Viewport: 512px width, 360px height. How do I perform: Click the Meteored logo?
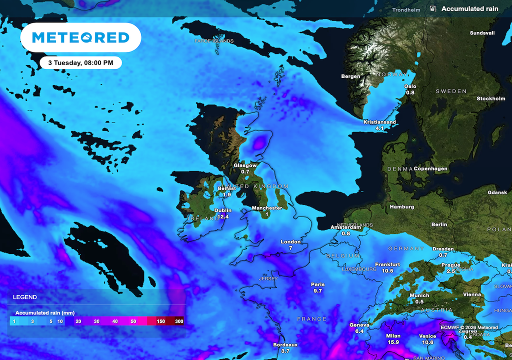(x=80, y=37)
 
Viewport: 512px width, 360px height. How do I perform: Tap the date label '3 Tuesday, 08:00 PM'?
(x=80, y=63)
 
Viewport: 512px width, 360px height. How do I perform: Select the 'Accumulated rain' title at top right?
(x=470, y=8)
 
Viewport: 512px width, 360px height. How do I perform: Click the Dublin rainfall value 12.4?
(x=223, y=217)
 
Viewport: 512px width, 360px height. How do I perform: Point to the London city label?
(x=290, y=242)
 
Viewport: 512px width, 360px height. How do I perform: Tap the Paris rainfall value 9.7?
(x=317, y=291)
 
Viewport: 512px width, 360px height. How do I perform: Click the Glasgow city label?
(x=245, y=165)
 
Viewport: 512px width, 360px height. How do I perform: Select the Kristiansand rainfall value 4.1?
(x=379, y=128)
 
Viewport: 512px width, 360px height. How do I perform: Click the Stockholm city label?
(x=491, y=98)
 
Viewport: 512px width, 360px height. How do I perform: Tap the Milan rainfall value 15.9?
(x=393, y=342)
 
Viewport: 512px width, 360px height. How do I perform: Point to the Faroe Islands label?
(x=214, y=40)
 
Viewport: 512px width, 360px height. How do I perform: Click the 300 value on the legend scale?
(x=179, y=321)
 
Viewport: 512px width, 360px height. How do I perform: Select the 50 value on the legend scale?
(x=133, y=321)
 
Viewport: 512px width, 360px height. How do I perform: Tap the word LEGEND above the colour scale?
(x=24, y=297)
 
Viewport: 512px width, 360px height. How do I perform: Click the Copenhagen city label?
(x=430, y=168)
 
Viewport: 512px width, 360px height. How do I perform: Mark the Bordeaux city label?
(x=285, y=344)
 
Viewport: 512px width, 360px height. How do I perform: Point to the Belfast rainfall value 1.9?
(x=226, y=194)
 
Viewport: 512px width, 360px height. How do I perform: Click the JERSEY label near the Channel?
(x=267, y=278)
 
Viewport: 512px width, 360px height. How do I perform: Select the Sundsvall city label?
(x=482, y=33)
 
